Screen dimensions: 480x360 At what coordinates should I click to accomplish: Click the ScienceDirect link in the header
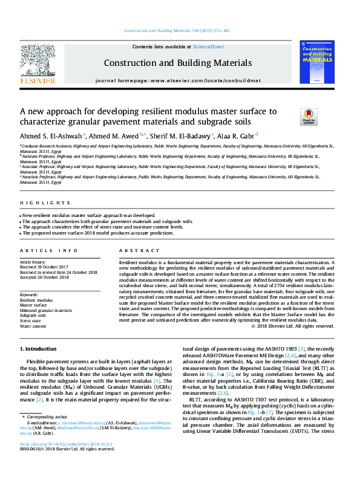tap(208, 47)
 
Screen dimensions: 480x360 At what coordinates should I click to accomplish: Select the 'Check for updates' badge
tap(309, 116)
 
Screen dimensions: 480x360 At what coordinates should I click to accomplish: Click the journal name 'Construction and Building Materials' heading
tap(177, 63)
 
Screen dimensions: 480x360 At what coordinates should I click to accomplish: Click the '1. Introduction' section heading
tap(39, 350)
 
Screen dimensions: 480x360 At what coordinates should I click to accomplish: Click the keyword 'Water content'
tap(34, 326)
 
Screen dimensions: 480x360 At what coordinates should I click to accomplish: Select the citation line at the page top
tap(177, 30)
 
